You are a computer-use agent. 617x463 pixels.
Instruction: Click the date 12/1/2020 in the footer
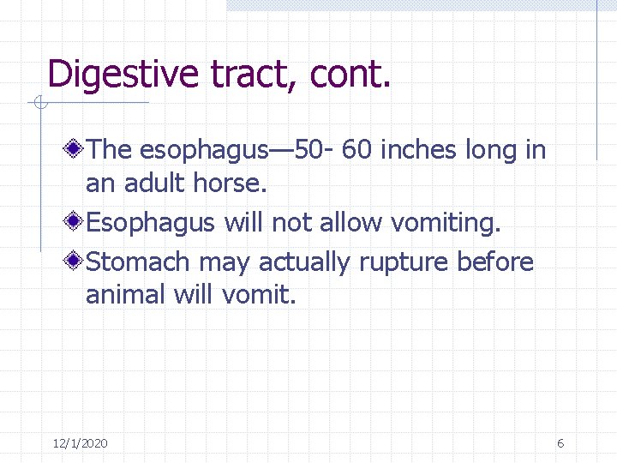80,443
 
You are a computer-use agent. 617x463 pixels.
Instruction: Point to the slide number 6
560,443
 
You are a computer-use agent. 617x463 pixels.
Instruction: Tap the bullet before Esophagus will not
75,223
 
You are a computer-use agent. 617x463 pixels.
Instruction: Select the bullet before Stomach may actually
75,262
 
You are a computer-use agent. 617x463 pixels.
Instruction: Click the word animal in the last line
126,295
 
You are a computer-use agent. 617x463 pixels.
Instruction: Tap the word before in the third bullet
495,262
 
